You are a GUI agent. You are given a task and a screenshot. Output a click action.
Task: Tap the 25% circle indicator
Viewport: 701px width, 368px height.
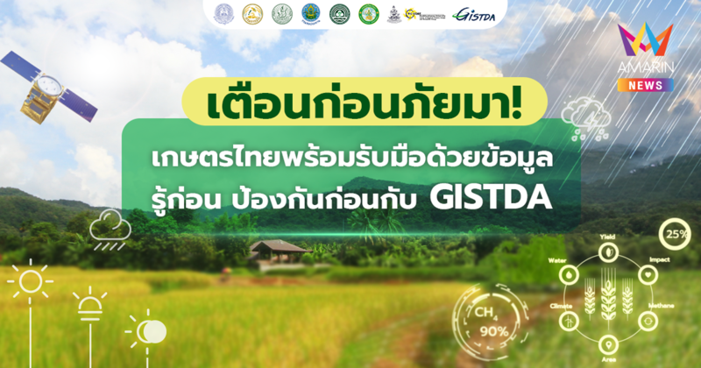[675, 236]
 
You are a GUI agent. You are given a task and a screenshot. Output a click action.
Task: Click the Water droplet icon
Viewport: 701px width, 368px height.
[571, 272]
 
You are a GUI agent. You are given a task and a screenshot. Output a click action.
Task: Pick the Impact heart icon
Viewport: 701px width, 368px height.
[648, 272]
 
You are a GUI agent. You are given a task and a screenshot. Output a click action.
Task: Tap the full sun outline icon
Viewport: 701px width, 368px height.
[28, 281]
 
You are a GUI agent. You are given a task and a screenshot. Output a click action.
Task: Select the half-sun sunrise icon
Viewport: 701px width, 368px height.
[89, 304]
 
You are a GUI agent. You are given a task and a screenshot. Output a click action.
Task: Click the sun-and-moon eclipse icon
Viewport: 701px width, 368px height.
[146, 330]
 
